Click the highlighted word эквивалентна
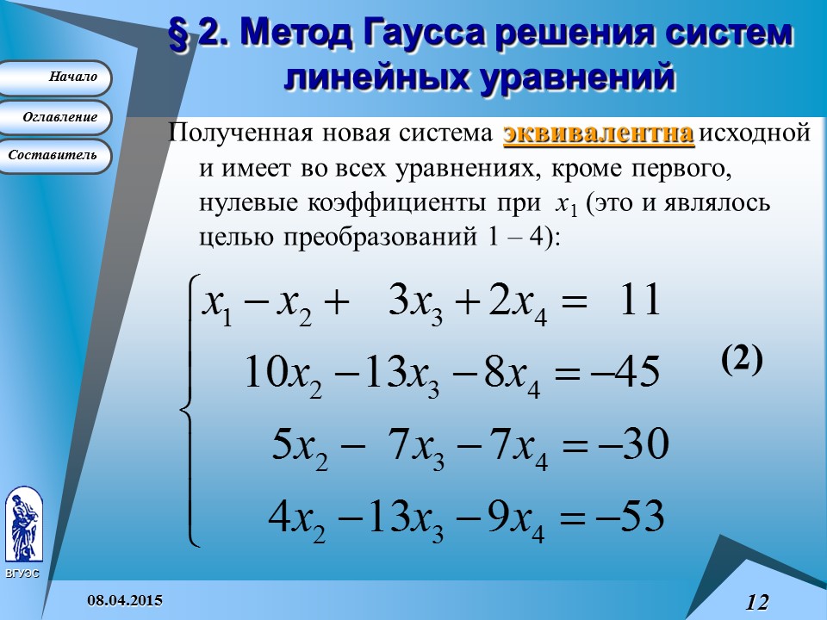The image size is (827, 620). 599,134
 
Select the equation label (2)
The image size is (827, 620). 742,361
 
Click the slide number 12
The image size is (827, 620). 756,602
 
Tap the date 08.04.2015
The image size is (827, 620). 127,599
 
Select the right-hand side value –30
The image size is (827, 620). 634,445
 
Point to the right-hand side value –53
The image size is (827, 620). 632,518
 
